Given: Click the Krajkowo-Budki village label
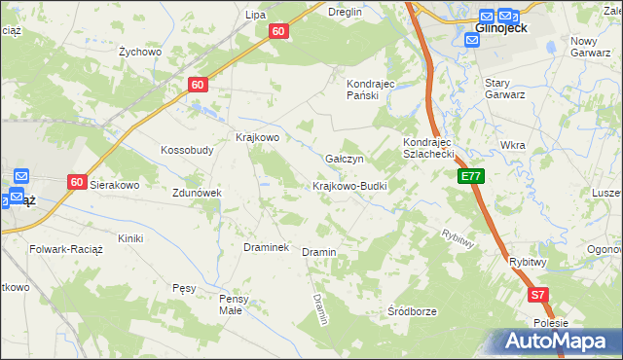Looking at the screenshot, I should (x=349, y=186).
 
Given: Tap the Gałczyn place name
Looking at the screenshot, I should (x=344, y=159).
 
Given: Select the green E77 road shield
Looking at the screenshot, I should (x=471, y=176).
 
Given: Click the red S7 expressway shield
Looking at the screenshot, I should (x=538, y=294).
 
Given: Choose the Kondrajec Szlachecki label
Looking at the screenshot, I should (x=429, y=148).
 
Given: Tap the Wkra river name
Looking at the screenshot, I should (x=512, y=145).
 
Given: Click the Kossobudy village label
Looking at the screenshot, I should (x=187, y=151).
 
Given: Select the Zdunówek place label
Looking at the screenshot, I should (x=198, y=193).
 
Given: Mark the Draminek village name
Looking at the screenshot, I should (x=266, y=247).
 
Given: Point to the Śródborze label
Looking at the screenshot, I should (x=412, y=311).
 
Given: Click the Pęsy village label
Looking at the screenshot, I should (x=184, y=288).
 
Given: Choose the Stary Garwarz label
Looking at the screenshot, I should (x=505, y=90).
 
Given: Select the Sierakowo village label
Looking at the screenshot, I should (x=116, y=184).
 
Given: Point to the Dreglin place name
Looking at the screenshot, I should (x=345, y=12).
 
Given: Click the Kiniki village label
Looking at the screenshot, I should (x=129, y=238).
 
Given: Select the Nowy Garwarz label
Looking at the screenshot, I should (x=597, y=47).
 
